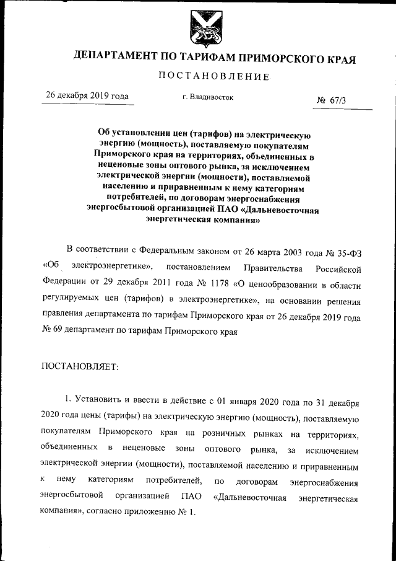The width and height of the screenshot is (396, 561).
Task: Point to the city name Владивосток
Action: (x=212, y=97)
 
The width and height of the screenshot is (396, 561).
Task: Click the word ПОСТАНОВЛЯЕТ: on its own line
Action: (x=75, y=367)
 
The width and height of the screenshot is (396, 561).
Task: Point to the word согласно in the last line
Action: (x=111, y=513)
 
